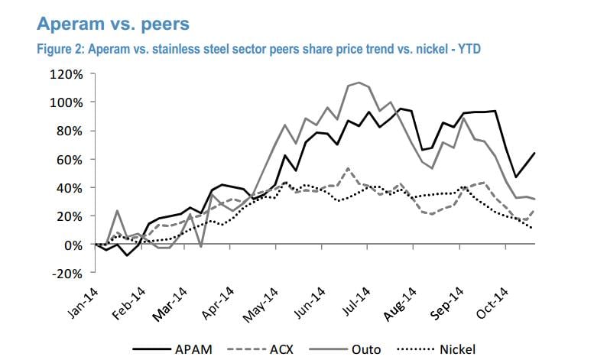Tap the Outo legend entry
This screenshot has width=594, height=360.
coord(365,350)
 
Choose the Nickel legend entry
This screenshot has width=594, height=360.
coord(457,350)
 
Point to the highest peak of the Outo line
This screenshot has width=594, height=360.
coord(359,82)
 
